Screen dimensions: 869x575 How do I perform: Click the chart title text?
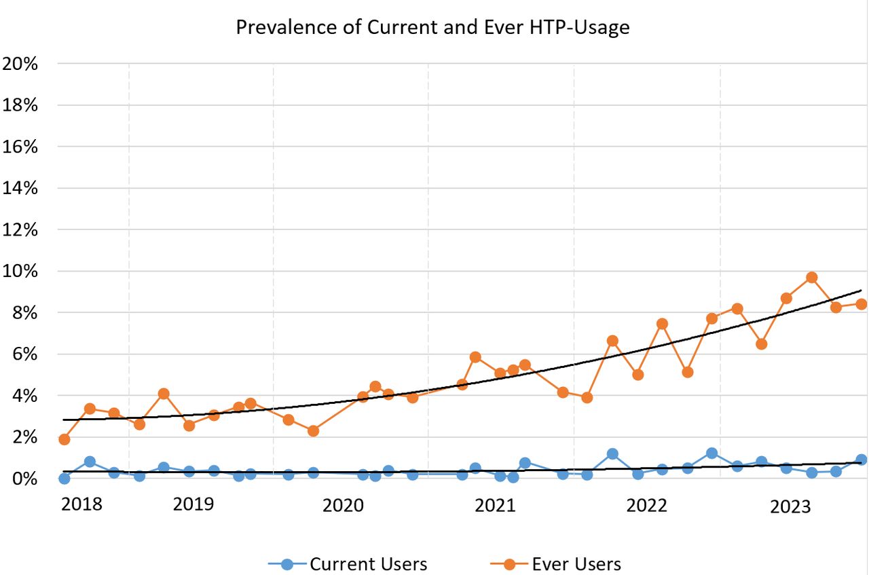coord(432,27)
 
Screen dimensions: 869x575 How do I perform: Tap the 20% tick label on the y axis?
coord(20,64)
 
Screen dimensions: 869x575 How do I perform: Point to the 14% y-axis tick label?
coord(20,188)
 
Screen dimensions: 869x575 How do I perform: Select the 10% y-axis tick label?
coord(20,271)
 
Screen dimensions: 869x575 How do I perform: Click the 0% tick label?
coord(25,479)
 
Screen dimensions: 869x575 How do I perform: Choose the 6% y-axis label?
coord(25,354)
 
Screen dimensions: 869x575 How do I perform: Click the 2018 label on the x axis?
coord(81,504)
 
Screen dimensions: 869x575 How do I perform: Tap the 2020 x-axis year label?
coord(343,506)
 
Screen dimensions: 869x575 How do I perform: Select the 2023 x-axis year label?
coord(790,506)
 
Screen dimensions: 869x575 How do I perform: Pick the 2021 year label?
coord(495,506)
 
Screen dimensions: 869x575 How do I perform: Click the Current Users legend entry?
coord(348,563)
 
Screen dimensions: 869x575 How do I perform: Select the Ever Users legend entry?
coord(555,563)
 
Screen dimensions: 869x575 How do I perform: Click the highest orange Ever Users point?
coord(811,278)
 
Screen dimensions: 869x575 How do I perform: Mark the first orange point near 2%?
coord(64,439)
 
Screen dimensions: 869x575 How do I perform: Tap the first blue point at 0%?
coord(64,479)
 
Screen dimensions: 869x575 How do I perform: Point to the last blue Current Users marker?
coord(862,460)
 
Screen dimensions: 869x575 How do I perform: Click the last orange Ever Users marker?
coord(862,304)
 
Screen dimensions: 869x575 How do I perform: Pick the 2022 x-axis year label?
coord(646,506)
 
